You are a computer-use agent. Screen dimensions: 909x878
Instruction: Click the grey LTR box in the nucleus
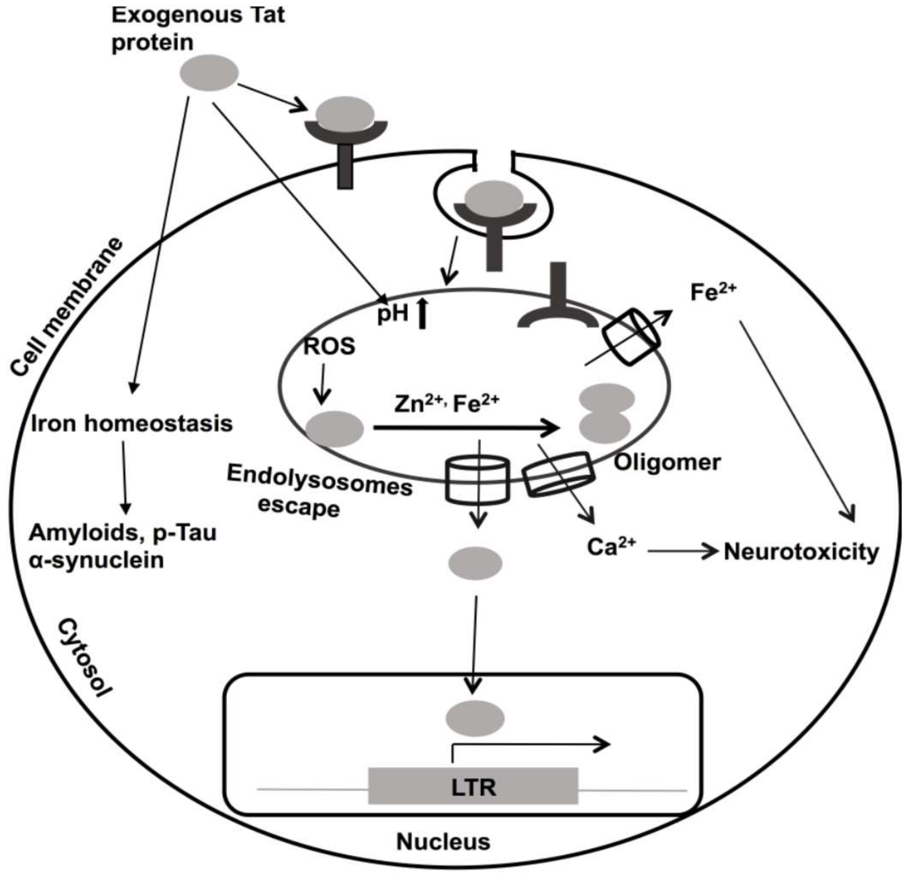(473, 786)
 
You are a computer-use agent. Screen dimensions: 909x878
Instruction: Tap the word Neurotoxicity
(801, 552)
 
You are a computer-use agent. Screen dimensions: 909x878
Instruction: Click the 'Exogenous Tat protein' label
(198, 29)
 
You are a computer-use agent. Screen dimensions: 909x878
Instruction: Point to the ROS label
(329, 346)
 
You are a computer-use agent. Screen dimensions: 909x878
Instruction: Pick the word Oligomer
(668, 462)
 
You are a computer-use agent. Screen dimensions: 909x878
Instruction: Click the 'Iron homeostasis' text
(132, 424)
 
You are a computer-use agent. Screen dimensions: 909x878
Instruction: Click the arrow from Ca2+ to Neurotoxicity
(683, 551)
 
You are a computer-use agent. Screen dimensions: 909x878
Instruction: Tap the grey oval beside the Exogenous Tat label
(209, 73)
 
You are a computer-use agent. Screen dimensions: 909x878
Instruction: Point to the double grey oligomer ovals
(606, 413)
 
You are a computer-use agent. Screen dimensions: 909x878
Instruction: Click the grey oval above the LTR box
(475, 718)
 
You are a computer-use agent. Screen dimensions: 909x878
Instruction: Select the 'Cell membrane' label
(67, 307)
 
